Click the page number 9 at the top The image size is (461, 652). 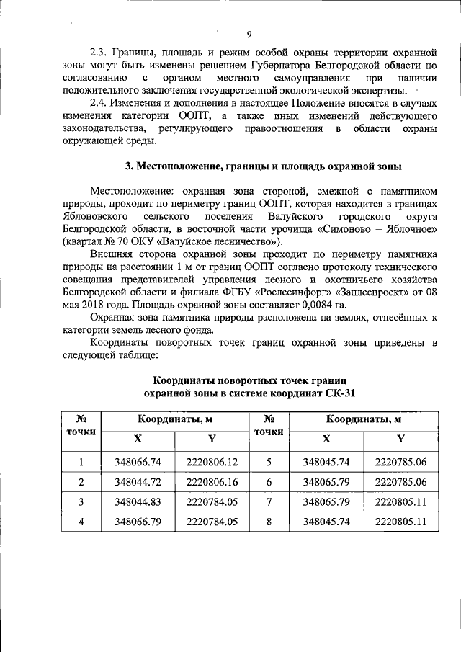coord(249,35)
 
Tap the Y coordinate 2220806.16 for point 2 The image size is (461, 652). coord(211,482)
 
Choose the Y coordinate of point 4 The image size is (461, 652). coord(211,522)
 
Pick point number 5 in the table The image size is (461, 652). coord(268,462)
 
